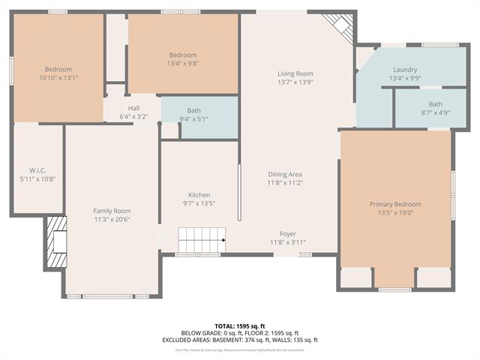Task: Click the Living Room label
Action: [x=295, y=73]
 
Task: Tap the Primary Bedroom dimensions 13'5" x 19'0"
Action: [x=395, y=213]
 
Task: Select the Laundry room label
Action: [x=405, y=69]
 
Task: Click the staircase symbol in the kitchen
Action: [x=202, y=241]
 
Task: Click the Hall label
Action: [x=133, y=108]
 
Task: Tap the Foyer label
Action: [x=288, y=233]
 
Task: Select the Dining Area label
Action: [x=284, y=174]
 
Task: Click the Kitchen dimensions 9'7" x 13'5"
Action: [x=199, y=203]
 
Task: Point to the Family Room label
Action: [x=112, y=211]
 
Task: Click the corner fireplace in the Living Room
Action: [x=340, y=27]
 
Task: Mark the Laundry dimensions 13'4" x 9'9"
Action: [x=405, y=78]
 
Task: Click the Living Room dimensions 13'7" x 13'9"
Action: [x=295, y=82]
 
